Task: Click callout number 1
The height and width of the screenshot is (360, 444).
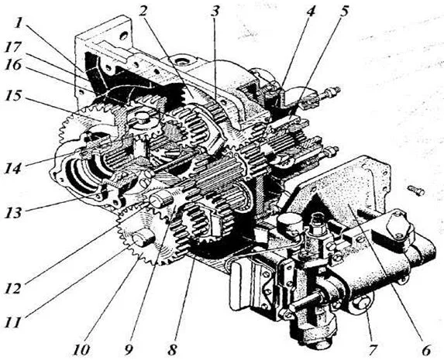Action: pos(19,22)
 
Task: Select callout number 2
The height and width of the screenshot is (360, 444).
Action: pos(144,11)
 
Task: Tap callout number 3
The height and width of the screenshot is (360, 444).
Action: pos(215,11)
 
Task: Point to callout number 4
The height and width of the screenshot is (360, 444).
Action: pos(311,11)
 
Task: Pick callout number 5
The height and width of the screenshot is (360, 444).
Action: pos(343,11)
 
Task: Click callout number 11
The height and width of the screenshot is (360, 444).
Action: pos(13,322)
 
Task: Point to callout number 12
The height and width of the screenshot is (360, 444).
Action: pos(13,288)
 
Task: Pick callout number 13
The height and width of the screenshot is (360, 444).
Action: pos(13,212)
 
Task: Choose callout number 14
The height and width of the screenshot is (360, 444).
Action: pos(13,169)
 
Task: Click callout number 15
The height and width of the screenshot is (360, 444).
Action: pos(13,96)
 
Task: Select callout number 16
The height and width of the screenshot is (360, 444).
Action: pos(13,65)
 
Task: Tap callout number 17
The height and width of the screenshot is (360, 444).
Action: pos(13,46)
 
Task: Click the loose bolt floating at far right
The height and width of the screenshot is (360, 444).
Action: pos(416,190)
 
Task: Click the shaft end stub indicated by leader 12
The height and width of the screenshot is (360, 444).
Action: pos(161,199)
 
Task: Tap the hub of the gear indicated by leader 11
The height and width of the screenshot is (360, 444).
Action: pos(143,238)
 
